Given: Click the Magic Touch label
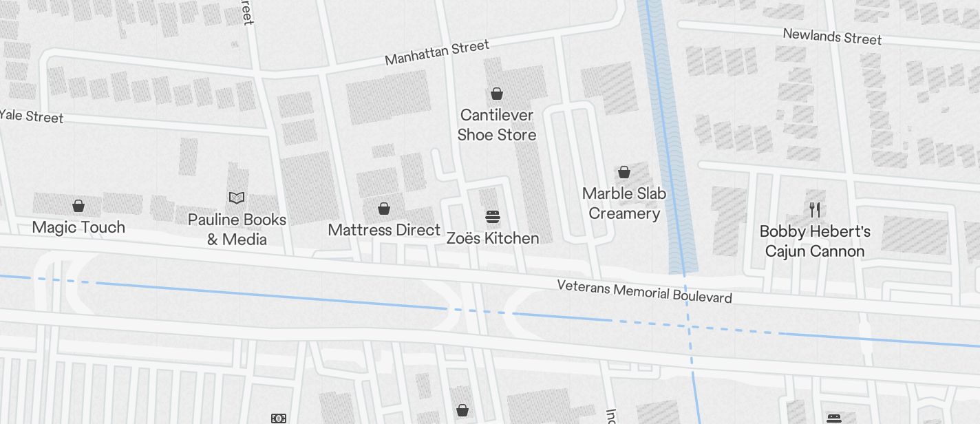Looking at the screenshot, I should [78, 227].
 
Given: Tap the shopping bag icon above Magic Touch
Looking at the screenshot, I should [78, 206].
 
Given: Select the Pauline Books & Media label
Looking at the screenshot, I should [237, 229].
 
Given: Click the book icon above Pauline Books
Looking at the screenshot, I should [237, 198].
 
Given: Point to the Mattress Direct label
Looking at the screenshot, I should [384, 230].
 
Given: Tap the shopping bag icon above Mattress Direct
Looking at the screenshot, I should [384, 209].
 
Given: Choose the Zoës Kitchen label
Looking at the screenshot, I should [493, 238].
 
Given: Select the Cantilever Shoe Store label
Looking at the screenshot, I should [497, 125].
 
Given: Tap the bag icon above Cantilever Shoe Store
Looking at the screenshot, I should [497, 94].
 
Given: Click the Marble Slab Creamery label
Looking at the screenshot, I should [624, 203].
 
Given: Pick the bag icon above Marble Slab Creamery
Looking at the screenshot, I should [624, 172].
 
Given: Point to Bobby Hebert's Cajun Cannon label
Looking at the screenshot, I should [815, 241].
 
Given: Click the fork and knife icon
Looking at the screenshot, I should [815, 210].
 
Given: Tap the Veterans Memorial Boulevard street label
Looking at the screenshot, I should [644, 291].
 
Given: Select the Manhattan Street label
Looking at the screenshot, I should [437, 52].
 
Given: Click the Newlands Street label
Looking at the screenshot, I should [832, 36].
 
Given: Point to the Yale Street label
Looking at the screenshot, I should [32, 116].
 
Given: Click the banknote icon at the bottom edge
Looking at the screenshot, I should [278, 418].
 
